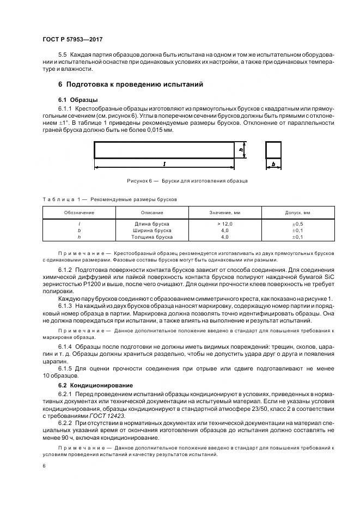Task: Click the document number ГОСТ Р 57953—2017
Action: tap(72, 40)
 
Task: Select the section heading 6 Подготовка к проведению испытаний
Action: tap(130, 84)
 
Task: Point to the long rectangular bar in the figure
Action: tap(164, 149)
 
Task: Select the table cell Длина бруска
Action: tap(152, 224)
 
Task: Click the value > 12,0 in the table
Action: tap(225, 224)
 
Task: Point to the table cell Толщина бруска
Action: tap(152, 237)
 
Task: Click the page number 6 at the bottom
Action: tap(43, 466)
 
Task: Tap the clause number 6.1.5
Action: tap(65, 368)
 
